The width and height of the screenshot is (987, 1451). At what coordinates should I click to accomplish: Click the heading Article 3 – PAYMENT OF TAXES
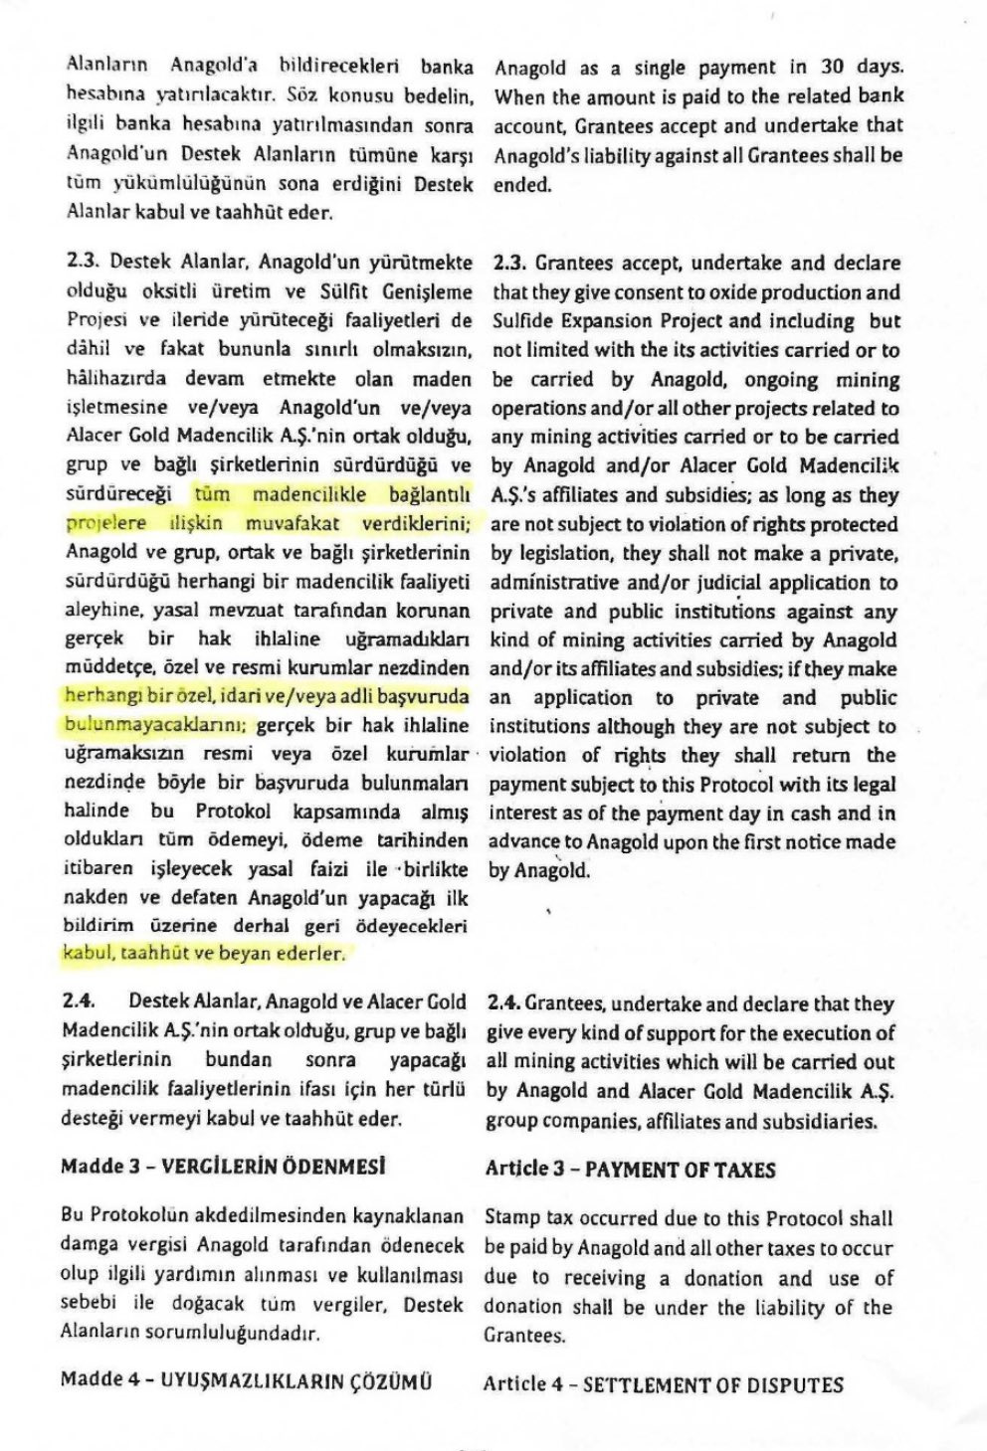point(630,1170)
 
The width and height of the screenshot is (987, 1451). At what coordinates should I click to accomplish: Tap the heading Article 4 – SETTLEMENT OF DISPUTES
point(663,1384)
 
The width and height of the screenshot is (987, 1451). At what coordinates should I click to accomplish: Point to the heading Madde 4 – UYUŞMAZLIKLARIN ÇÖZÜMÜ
point(246,1380)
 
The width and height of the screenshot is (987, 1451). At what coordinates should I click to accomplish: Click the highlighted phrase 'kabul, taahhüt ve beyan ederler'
point(205,953)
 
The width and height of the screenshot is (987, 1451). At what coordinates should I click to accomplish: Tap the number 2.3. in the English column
point(509,264)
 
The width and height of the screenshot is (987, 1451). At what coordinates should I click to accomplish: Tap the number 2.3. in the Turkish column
point(83,263)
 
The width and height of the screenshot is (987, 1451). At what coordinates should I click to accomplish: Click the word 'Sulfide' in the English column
point(526,321)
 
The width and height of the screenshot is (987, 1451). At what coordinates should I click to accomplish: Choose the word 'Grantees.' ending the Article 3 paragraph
point(525,1336)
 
